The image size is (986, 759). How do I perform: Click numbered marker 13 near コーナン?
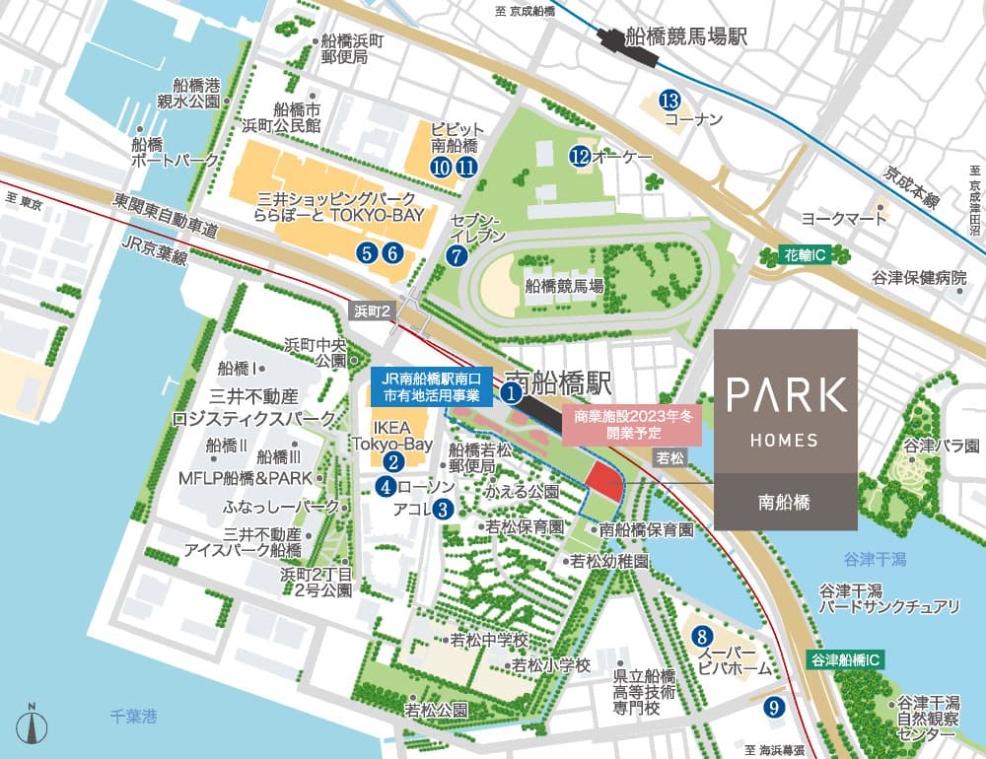pyautogui.click(x=670, y=100)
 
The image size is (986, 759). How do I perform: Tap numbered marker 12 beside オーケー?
pyautogui.click(x=580, y=156)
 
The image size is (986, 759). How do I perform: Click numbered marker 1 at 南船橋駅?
pyautogui.click(x=511, y=393)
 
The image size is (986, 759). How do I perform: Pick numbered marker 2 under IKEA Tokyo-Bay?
pyautogui.click(x=392, y=460)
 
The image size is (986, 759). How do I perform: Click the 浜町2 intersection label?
pyautogui.click(x=373, y=310)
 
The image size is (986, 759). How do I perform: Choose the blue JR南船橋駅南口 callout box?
pyautogui.click(x=432, y=385)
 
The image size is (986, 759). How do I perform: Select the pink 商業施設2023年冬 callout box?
pyautogui.click(x=631, y=425)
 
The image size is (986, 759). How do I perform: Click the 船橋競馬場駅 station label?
pyautogui.click(x=690, y=38)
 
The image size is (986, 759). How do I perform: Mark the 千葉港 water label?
pyautogui.click(x=133, y=718)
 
